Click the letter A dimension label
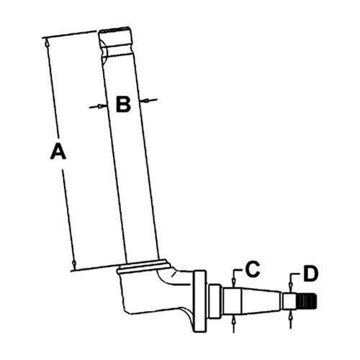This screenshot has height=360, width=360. [58, 151]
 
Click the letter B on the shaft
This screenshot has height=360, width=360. [123, 104]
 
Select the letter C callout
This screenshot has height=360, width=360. [253, 269]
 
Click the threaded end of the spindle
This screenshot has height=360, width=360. [307, 301]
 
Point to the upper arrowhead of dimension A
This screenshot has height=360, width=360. [47, 43]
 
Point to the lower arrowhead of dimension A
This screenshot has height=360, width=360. [74, 264]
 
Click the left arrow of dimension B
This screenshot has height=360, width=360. [99, 107]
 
